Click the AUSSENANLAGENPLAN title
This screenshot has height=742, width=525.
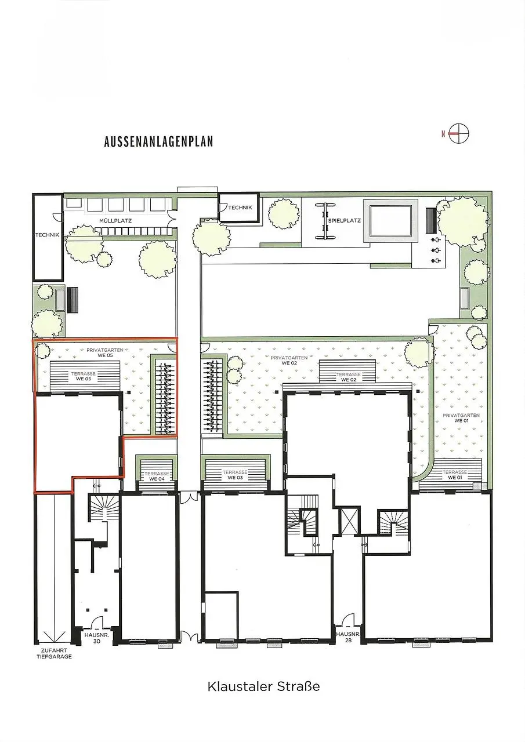(158, 142)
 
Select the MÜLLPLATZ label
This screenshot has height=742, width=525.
(115, 221)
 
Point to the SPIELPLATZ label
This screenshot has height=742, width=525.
(345, 220)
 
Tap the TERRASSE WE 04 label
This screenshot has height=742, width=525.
(157, 477)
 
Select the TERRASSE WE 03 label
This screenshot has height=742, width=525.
(235, 475)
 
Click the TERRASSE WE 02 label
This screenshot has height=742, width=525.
(349, 377)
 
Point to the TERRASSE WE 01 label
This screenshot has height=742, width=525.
(455, 475)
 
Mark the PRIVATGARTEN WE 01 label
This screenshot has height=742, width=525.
(461, 418)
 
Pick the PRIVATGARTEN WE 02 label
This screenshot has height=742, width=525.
(289, 361)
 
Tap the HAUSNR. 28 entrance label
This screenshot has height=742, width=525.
(348, 637)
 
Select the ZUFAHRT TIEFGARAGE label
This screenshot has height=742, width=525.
(54, 653)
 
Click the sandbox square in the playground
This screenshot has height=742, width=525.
(390, 220)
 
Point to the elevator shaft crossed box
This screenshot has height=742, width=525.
(350, 520)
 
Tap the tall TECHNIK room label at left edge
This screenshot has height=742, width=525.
(48, 235)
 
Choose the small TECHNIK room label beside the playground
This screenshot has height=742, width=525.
(240, 208)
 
